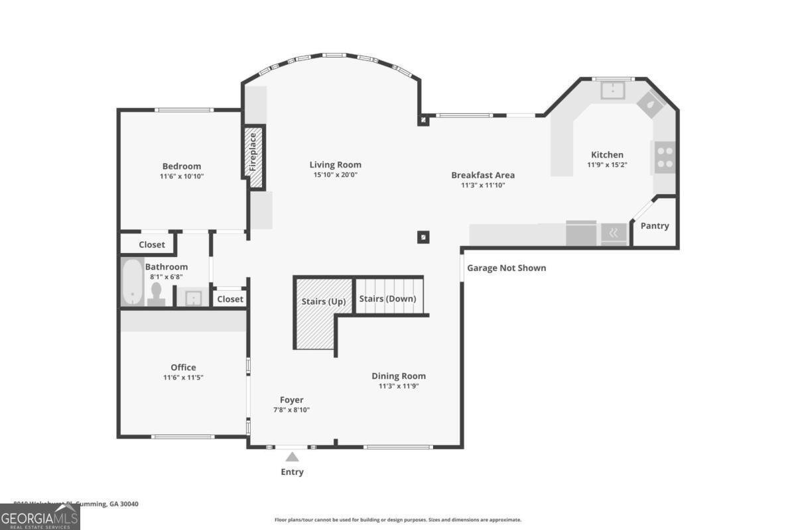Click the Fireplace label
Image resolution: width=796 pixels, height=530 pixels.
253,152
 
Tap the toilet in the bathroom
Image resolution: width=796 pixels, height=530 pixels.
157,293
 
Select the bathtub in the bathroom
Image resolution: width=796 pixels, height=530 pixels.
132,282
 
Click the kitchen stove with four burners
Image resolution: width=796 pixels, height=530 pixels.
665,157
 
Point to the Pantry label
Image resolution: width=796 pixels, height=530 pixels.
655,226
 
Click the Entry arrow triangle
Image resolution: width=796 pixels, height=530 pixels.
292,456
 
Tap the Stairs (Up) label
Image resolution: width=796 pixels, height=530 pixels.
323,301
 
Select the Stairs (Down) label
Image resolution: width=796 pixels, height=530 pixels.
387,299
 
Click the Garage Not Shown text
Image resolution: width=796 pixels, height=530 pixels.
506,268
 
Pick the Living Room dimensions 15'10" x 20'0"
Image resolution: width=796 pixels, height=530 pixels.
335,176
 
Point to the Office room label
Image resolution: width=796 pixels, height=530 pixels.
183,368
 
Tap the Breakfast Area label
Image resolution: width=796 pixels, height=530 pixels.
483,175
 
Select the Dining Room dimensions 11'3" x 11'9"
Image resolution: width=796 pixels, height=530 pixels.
398,386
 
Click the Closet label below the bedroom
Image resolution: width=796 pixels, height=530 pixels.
152,244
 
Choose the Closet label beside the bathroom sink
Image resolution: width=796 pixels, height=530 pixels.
230,299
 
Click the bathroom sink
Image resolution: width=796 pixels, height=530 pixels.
193,298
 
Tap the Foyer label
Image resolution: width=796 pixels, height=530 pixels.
291,399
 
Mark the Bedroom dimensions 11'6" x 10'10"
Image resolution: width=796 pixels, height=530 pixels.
182,177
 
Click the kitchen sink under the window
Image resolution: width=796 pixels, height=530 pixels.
612,89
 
